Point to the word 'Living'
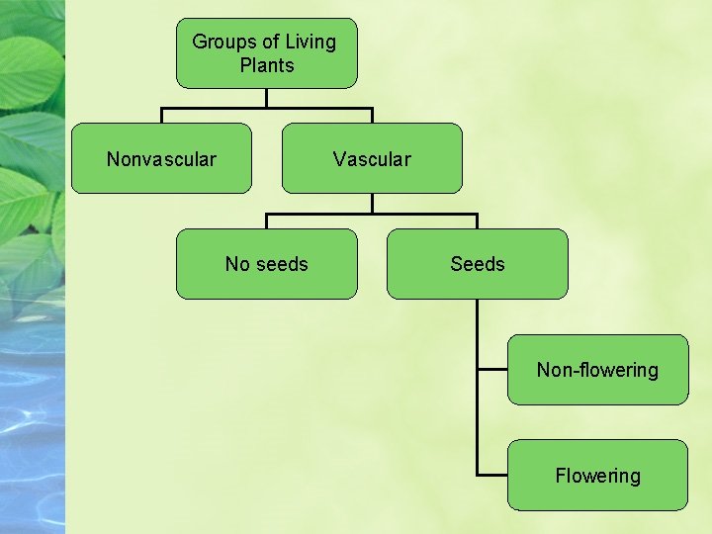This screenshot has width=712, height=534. (311, 42)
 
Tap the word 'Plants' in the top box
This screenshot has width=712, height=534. (266, 66)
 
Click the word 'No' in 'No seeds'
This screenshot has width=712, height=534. (236, 264)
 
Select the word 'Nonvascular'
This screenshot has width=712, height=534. (161, 159)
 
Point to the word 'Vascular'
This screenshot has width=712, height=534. (372, 159)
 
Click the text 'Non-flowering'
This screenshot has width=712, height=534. (597, 370)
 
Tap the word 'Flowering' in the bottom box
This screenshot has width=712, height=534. (597, 476)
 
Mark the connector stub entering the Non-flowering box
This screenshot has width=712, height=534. (491, 370)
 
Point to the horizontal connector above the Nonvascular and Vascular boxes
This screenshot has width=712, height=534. (266, 108)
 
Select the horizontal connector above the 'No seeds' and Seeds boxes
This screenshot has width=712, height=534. (372, 214)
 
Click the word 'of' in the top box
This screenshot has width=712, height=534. (270, 42)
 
